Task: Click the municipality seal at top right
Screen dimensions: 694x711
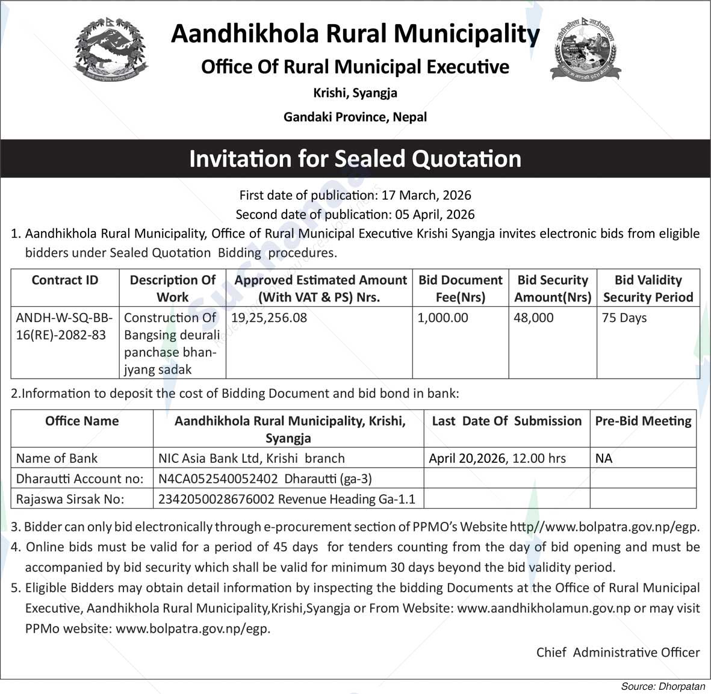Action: pyautogui.click(x=585, y=49)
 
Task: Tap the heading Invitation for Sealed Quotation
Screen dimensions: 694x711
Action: pyautogui.click(x=355, y=159)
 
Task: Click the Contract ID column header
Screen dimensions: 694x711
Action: pyautogui.click(x=65, y=280)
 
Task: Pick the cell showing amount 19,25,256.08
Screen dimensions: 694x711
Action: pyautogui.click(x=269, y=318)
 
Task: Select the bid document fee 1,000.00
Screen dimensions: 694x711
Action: pyautogui.click(x=442, y=318)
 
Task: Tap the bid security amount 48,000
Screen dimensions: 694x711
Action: pyautogui.click(x=533, y=318)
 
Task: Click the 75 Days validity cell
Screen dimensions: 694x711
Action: pyautogui.click(x=624, y=318)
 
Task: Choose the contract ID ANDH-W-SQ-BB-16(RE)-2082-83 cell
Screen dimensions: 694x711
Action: pyautogui.click(x=64, y=326)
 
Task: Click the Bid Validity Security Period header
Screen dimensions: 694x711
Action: pyautogui.click(x=648, y=288)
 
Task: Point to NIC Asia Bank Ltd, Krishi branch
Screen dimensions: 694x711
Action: pyautogui.click(x=251, y=458)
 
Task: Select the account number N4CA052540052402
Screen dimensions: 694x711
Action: pyautogui.click(x=218, y=479)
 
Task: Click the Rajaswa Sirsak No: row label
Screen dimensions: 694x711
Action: pyautogui.click(x=70, y=499)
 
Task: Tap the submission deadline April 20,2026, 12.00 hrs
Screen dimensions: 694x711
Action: pyautogui.click(x=497, y=458)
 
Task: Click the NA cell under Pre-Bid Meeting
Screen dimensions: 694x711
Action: pyautogui.click(x=604, y=458)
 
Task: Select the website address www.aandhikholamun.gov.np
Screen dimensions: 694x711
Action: pyautogui.click(x=544, y=608)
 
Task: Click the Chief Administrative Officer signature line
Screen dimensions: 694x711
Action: pyautogui.click(x=618, y=652)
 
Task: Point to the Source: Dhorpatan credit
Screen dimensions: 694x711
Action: pyautogui.click(x=663, y=686)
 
